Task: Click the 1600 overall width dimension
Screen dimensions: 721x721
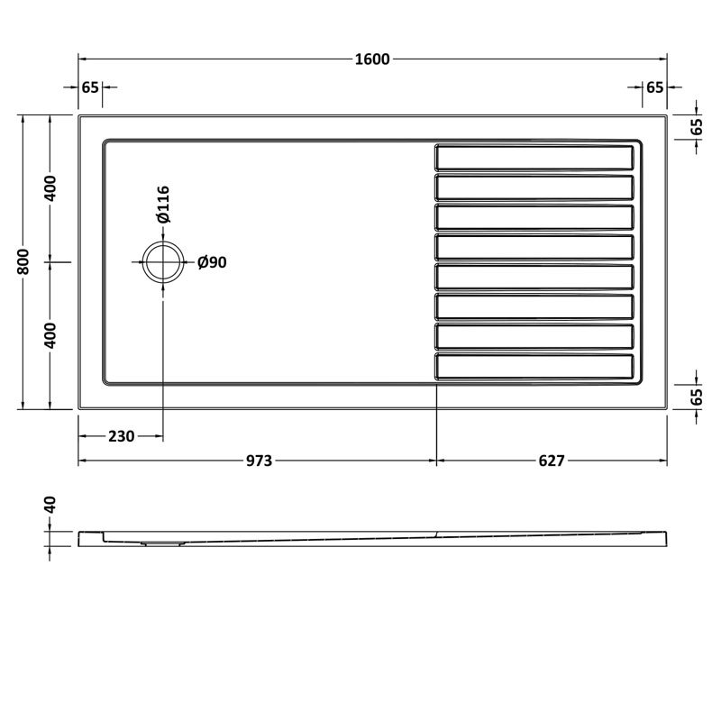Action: [x=372, y=59]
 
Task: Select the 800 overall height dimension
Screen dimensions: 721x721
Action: [x=25, y=261]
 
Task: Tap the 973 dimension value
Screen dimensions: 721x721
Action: [x=259, y=461]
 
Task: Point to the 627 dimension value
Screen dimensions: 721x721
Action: [x=551, y=461]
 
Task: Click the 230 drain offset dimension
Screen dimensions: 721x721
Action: [x=121, y=436]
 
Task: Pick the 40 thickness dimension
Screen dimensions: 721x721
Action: [x=51, y=506]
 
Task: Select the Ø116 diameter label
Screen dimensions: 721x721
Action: [x=163, y=205]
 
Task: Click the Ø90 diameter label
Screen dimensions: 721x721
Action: [x=211, y=262]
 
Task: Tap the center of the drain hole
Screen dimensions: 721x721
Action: [x=163, y=262]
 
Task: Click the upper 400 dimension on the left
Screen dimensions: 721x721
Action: [x=51, y=188]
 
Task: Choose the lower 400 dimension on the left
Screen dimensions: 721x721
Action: [x=51, y=334]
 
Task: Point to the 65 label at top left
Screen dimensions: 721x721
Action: [x=90, y=87]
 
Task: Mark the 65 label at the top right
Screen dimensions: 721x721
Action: [x=654, y=87]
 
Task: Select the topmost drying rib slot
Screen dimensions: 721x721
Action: [x=534, y=157]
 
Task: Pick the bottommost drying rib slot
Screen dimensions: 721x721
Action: [x=534, y=366]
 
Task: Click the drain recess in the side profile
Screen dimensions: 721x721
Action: [x=162, y=543]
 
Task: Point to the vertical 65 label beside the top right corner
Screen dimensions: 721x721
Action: [x=696, y=126]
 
